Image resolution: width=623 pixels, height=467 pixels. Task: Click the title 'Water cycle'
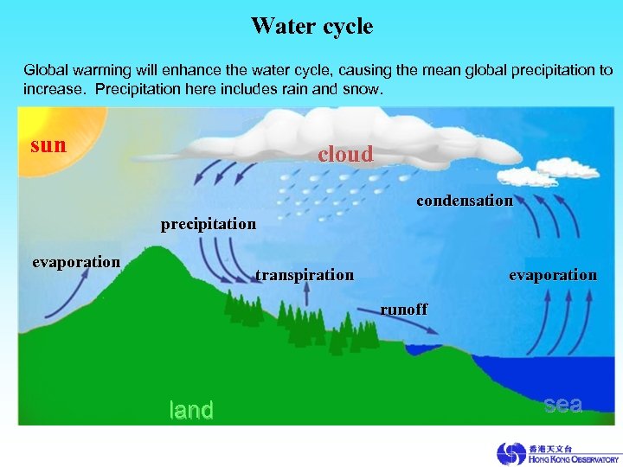[311, 26]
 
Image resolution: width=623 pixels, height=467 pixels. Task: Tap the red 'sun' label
[48, 144]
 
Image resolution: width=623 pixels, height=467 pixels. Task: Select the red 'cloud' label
[345, 155]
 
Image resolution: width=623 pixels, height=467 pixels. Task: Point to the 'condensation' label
[465, 201]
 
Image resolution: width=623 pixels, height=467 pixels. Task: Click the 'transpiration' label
[305, 275]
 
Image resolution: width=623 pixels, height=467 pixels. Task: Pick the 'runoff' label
[404, 309]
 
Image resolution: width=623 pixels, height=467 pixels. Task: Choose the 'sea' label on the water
[563, 405]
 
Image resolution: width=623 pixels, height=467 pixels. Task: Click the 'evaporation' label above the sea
[553, 275]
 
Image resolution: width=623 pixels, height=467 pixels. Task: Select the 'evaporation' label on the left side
[76, 262]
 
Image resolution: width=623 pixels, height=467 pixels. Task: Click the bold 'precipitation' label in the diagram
[209, 224]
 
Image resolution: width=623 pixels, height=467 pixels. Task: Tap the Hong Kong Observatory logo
[557, 453]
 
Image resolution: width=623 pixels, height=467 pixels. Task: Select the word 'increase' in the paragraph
[54, 89]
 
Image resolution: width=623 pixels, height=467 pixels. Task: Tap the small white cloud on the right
[529, 176]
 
